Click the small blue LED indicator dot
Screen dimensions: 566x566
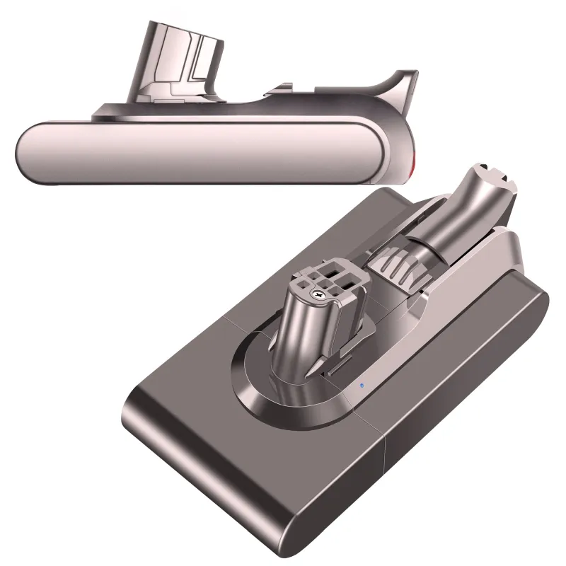pos(360,386)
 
